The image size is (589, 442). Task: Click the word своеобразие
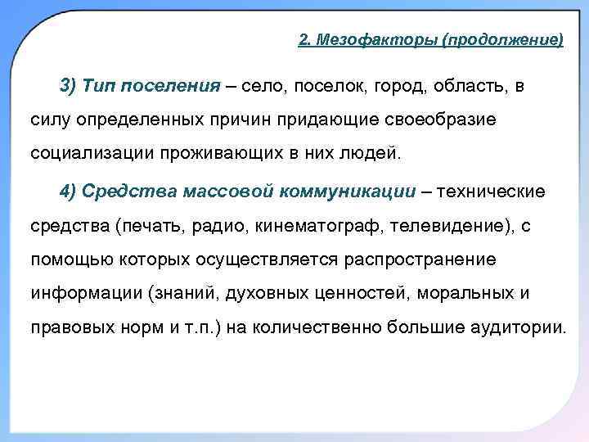click(x=442, y=120)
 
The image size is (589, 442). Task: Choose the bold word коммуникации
click(x=348, y=192)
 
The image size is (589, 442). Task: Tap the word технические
click(x=491, y=192)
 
